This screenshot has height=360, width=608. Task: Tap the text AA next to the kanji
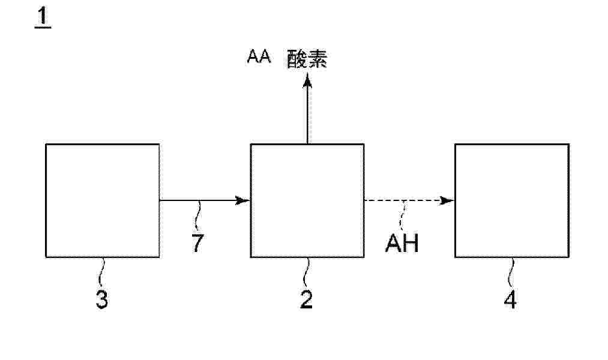tap(259, 58)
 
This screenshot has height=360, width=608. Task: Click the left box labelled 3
tap(103, 200)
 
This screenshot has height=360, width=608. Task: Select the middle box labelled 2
tap(307, 200)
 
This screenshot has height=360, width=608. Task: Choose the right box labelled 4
tap(511, 200)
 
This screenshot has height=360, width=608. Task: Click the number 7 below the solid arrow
tap(198, 243)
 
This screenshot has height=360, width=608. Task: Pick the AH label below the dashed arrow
tap(402, 244)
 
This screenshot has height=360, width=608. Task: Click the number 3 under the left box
tap(102, 299)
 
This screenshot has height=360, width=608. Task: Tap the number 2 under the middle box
tap(306, 299)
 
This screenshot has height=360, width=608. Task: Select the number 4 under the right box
tap(511, 299)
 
